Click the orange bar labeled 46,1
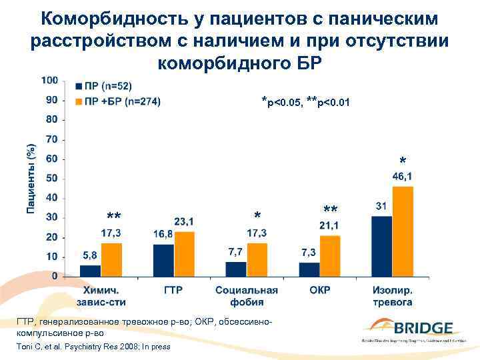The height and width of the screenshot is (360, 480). (x=403, y=231)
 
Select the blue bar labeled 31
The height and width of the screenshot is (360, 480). (x=382, y=245)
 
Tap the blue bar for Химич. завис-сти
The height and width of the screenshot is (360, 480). (x=90, y=269)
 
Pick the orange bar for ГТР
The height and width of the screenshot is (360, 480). (x=184, y=253)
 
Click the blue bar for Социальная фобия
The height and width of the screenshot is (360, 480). (x=236, y=267)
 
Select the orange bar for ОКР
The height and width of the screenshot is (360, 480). (x=329, y=255)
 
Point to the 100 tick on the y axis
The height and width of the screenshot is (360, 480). (x=50, y=80)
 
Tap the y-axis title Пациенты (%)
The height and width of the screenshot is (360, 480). (x=30, y=179)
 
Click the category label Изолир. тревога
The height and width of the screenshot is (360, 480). (x=392, y=296)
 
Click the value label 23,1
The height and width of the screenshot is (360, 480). (x=184, y=221)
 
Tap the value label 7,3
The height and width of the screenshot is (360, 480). (x=308, y=253)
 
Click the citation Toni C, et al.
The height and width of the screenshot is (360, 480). (x=93, y=347)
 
